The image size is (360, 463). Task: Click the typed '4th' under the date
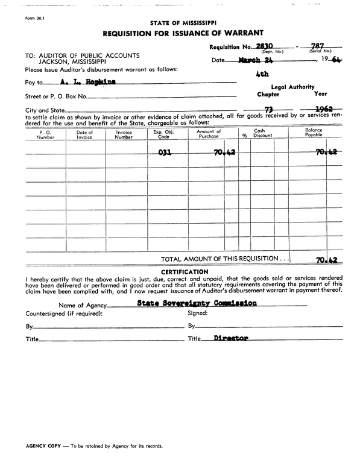coord(262,75)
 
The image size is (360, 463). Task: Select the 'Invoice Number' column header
coord(124,134)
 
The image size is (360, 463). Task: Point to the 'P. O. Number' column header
coord(45,134)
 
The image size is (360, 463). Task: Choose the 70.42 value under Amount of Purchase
coord(224,153)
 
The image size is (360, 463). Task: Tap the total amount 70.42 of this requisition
coord(326,260)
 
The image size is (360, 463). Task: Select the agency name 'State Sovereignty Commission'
coord(197,303)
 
